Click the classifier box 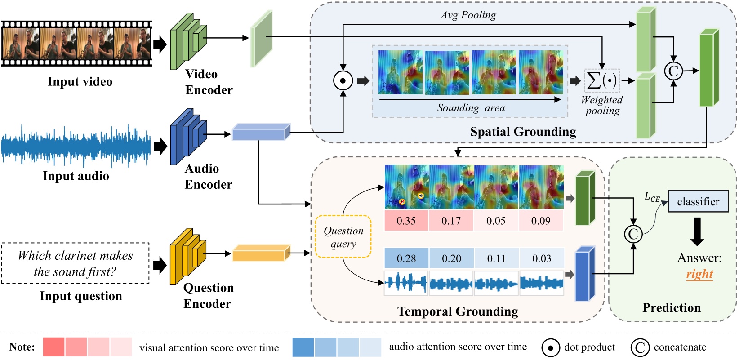pyautogui.click(x=698, y=201)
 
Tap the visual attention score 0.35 pyautogui.click(x=406, y=221)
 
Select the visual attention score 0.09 pyautogui.click(x=540, y=221)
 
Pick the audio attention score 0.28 pyautogui.click(x=406, y=258)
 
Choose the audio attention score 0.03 pyautogui.click(x=541, y=258)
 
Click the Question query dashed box pyautogui.click(x=343, y=237)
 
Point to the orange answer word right pyautogui.click(x=699, y=274)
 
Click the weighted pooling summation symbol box pyautogui.click(x=602, y=80)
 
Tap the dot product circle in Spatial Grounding pyautogui.click(x=343, y=80)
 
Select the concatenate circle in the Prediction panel pyautogui.click(x=633, y=234)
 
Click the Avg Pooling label pyautogui.click(x=468, y=15)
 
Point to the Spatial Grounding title pyautogui.click(x=523, y=132)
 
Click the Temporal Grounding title pyautogui.click(x=458, y=311)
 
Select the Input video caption pyautogui.click(x=80, y=82)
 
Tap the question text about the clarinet pyautogui.click(x=75, y=263)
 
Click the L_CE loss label pyautogui.click(x=652, y=197)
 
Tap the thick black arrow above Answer pyautogui.click(x=697, y=231)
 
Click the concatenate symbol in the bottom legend pyautogui.click(x=640, y=347)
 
